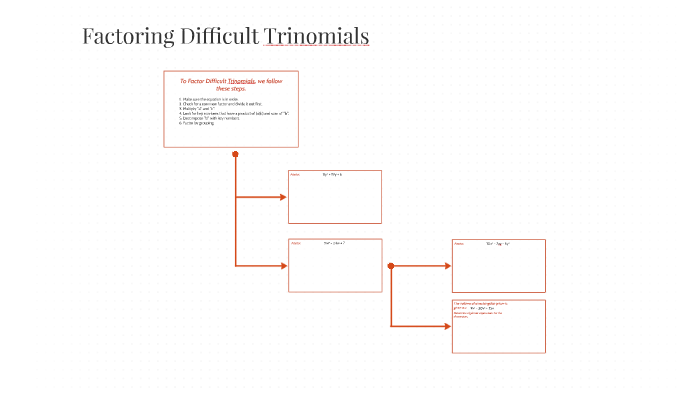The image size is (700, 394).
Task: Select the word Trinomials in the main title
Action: [x=317, y=37]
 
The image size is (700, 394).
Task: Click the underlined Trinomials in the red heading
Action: [x=241, y=81]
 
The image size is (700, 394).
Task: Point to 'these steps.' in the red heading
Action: [x=231, y=89]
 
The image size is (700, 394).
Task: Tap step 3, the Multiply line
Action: [x=200, y=110]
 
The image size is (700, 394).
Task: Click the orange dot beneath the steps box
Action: [x=235, y=154]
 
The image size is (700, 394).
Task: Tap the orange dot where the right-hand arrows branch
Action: [x=391, y=266]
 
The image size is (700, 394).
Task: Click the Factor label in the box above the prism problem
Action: [x=459, y=244]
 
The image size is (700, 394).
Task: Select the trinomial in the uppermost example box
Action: [x=333, y=175]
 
